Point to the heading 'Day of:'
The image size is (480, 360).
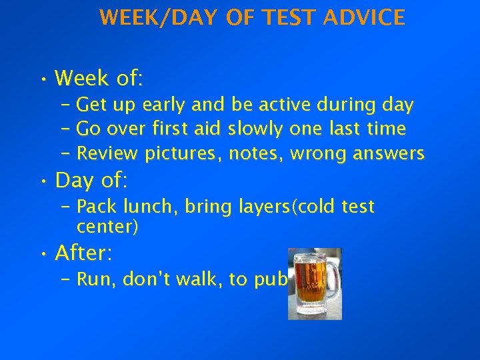point(93,180)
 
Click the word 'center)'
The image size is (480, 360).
point(107,227)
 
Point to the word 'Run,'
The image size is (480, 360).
point(97,279)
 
